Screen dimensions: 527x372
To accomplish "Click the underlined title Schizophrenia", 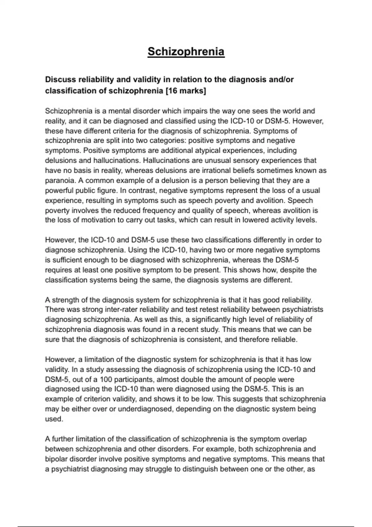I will (186, 51).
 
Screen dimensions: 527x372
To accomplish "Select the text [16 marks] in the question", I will (186, 91).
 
